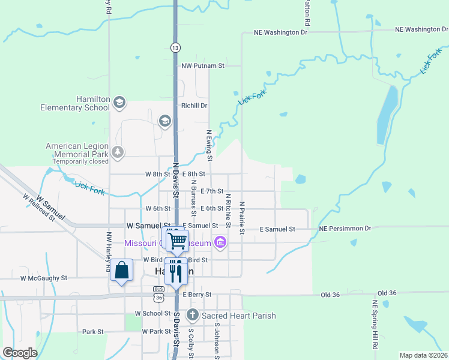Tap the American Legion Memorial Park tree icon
118,152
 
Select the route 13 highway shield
175,47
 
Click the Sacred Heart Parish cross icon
192,315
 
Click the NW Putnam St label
203,65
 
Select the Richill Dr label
194,106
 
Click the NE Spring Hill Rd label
375,325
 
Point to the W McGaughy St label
44,278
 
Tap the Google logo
20,352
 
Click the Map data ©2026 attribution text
423,355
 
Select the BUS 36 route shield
158,293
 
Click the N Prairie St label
242,218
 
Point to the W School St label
153,313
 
